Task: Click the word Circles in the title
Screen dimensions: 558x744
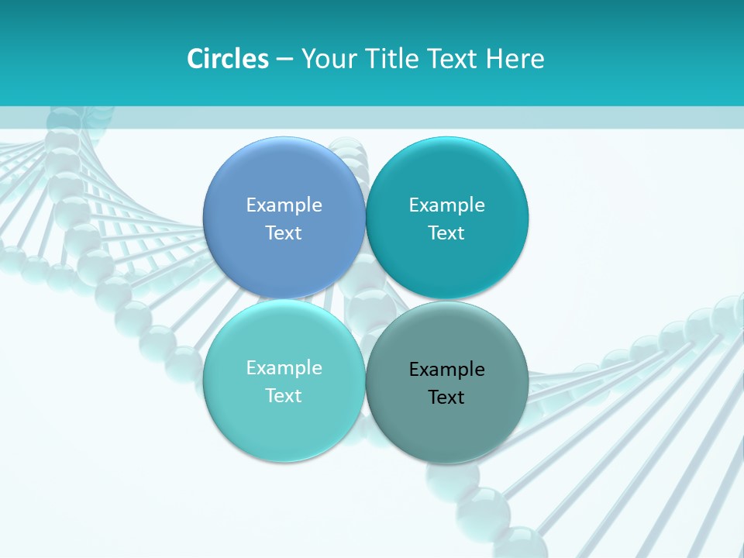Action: coord(227,59)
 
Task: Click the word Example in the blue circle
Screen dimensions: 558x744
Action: coord(284,205)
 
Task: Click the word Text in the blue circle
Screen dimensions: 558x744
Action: coord(284,233)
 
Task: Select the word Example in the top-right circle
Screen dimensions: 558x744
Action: coord(446,205)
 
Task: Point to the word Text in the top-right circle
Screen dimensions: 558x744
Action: coord(446,233)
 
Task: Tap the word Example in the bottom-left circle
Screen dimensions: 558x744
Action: coord(284,368)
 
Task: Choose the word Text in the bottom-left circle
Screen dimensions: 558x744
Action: coord(284,396)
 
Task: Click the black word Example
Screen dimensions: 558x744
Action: coord(446,370)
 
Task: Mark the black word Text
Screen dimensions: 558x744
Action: coord(446,398)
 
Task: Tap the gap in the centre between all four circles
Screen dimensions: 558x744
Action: coord(365,300)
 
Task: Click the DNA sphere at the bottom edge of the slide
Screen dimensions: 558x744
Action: coord(522,542)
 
